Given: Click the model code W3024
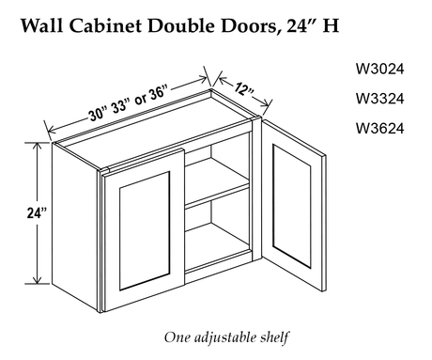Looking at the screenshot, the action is [379, 69].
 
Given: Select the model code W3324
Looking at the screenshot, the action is [379, 99].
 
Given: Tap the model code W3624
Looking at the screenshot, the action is [379, 129].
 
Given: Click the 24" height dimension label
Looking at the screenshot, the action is [37, 213].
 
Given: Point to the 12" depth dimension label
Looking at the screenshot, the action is [244, 90].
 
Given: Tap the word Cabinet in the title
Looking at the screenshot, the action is [105, 25].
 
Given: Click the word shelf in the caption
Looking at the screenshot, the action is [274, 337].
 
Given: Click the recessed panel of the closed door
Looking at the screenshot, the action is [145, 231].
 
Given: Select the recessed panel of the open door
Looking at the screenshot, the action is [291, 206].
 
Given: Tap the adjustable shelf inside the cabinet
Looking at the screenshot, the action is [218, 195].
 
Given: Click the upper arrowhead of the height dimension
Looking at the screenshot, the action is [38, 147].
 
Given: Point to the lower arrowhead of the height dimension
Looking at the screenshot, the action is [38, 280].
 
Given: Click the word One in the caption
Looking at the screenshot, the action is [177, 337].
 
